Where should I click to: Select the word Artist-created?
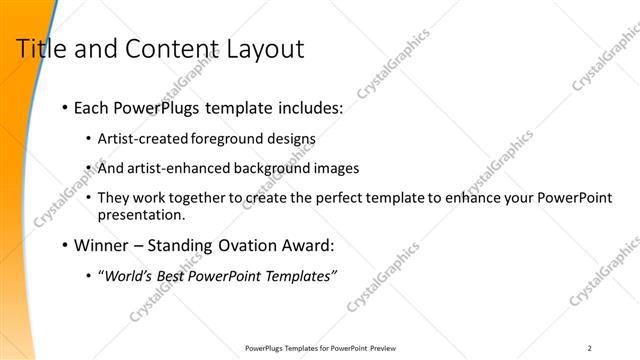pos(136,138)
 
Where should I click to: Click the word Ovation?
pos(244,243)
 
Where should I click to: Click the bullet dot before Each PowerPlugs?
pos(65,107)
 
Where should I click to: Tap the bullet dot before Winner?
pos(65,244)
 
